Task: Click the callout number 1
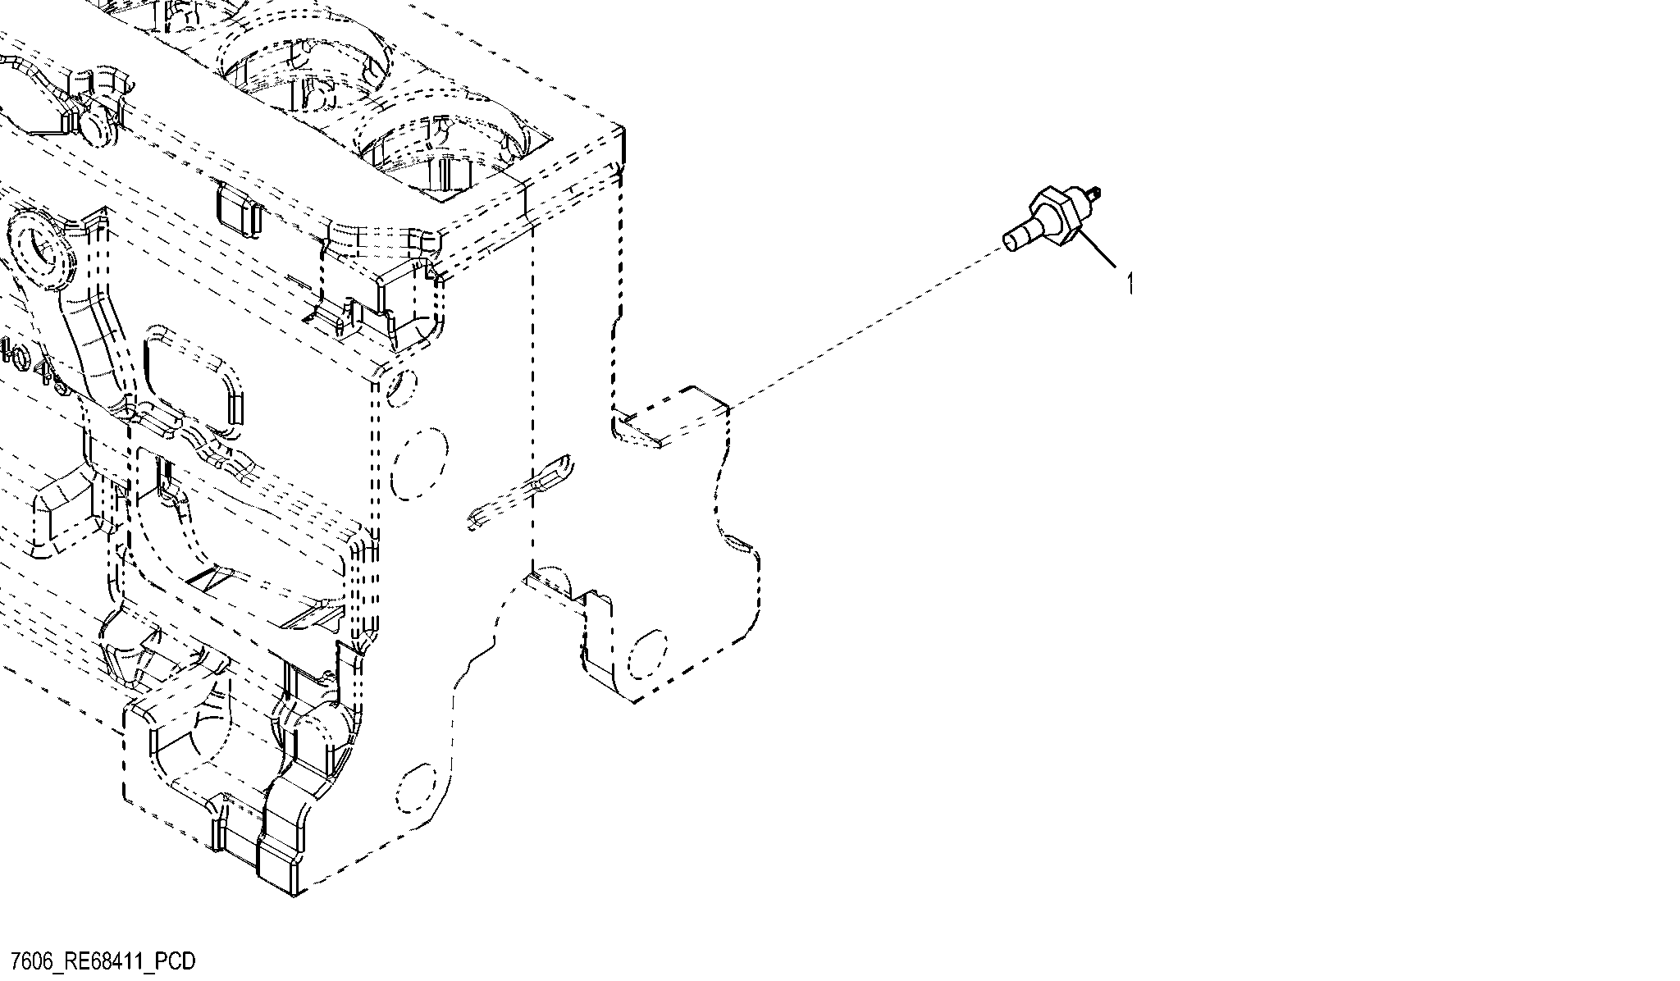1130,284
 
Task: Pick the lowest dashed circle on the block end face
415,787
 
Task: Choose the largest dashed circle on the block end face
420,463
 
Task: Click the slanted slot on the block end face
520,487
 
